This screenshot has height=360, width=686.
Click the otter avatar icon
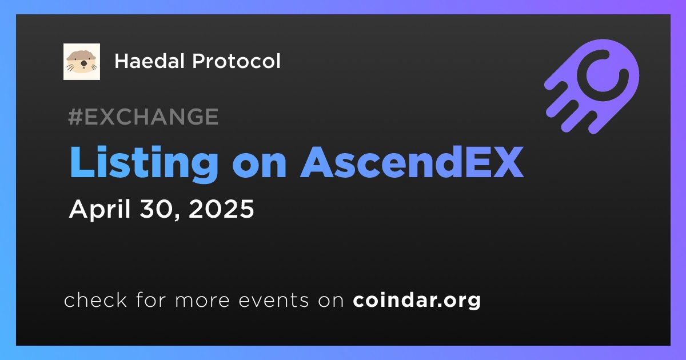pos(82,62)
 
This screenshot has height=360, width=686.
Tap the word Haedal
pos(150,61)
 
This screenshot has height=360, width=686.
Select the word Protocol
pos(236,61)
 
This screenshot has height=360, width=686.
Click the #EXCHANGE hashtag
pos(143,117)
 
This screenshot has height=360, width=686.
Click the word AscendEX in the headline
pos(412,162)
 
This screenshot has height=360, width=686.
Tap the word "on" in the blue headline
pos(259,166)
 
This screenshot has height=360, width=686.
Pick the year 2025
pos(221,209)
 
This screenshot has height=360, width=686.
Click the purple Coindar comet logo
pos(592,86)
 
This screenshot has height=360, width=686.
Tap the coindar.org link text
pos(417,301)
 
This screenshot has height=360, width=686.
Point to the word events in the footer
pos(274,300)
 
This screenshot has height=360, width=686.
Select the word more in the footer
pos(202,301)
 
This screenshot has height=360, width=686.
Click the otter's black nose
pos(83,63)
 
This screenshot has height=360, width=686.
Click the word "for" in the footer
pos(151,299)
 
